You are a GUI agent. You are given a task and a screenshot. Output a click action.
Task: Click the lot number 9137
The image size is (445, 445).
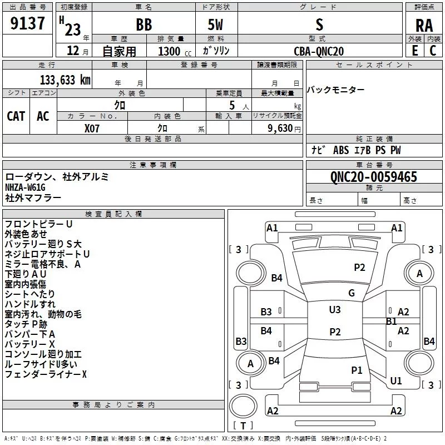(27, 23)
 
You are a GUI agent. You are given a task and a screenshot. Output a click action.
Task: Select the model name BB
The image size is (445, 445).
(144, 24)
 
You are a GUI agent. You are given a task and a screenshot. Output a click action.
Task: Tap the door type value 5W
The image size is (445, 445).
(215, 24)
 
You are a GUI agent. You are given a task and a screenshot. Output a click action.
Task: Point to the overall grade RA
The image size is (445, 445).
(424, 26)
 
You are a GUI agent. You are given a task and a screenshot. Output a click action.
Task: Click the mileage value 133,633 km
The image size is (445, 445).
(65, 80)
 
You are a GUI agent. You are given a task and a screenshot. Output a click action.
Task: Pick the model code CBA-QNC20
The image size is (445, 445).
(319, 51)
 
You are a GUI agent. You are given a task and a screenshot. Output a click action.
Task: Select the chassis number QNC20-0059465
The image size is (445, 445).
(374, 177)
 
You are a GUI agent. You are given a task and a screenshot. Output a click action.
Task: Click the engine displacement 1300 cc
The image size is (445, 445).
(175, 51)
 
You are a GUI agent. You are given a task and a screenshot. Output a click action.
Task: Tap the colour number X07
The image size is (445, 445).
(92, 128)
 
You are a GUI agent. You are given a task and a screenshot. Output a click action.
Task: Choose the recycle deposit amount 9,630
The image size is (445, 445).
(280, 128)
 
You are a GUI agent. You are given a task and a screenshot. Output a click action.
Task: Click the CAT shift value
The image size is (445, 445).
(16, 116)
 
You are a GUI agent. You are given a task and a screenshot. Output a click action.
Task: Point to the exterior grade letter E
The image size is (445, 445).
(415, 51)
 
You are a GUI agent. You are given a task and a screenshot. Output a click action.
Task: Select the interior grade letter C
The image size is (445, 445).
(433, 51)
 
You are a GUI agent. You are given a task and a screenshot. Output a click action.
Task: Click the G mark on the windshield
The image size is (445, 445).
(352, 293)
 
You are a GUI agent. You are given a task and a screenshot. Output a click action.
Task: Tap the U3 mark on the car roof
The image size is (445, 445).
(335, 309)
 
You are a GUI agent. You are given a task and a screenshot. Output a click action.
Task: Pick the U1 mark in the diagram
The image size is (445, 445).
(396, 380)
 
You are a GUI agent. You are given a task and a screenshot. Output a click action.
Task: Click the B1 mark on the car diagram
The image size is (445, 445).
(392, 322)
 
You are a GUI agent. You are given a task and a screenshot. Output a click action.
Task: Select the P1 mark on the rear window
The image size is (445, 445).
(357, 370)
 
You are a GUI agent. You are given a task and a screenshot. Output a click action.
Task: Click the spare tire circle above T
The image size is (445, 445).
(243, 406)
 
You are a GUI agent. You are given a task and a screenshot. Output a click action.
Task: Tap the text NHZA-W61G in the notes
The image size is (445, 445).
(25, 187)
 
